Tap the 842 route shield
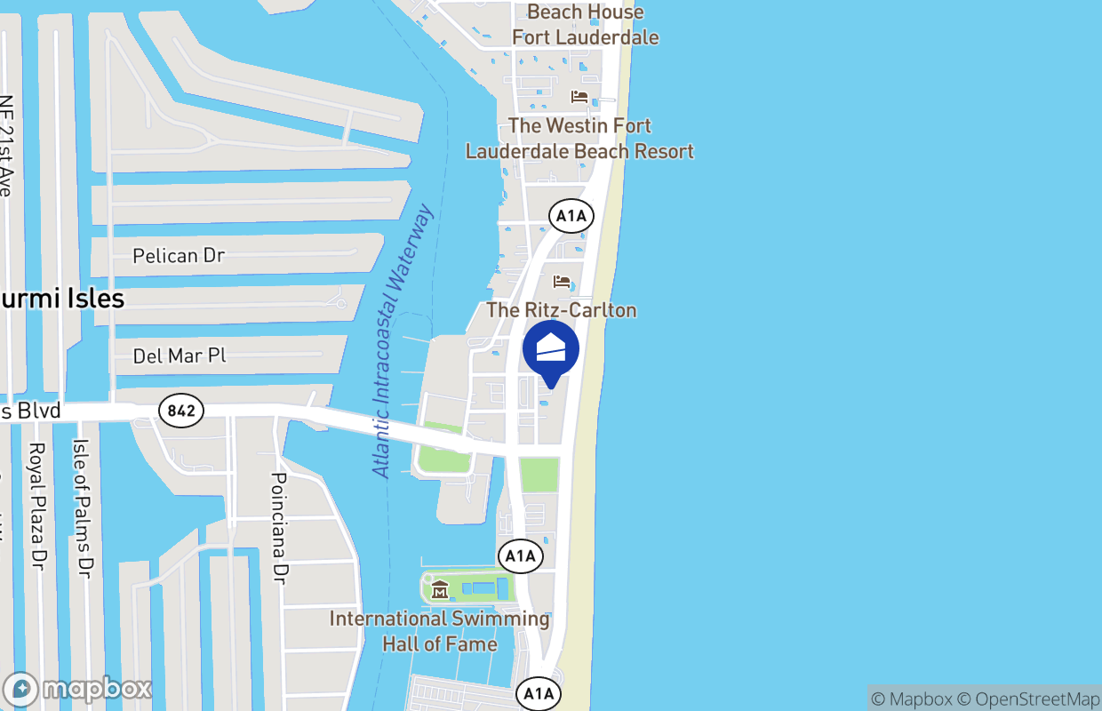(x=181, y=411)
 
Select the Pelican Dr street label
(x=179, y=256)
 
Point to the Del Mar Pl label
(x=179, y=356)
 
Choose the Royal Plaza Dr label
(x=37, y=506)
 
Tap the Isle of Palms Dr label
(x=82, y=508)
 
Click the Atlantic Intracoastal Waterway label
(x=403, y=341)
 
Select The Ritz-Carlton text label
(x=562, y=310)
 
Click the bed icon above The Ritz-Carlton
(x=562, y=282)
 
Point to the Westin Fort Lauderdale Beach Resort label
(x=579, y=139)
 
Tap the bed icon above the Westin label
(x=579, y=96)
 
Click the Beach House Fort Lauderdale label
(x=586, y=25)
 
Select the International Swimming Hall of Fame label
(x=440, y=630)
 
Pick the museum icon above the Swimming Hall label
(x=440, y=589)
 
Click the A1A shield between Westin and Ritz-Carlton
(x=571, y=216)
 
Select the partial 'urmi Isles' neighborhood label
(x=62, y=299)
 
